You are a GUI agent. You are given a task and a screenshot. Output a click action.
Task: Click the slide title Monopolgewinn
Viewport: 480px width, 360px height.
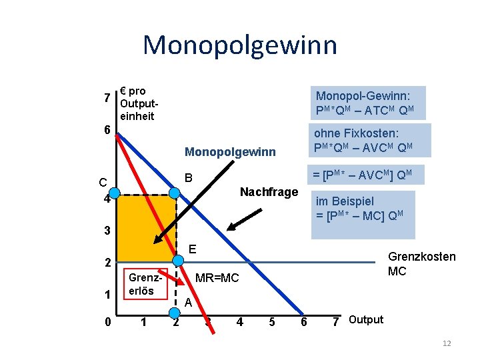(240, 45)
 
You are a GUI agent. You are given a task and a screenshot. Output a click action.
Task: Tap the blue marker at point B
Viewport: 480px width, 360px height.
(175, 193)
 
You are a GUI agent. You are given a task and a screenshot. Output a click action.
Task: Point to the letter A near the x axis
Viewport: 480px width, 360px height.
(189, 302)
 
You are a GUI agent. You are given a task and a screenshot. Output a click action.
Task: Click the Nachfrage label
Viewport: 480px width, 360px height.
(269, 192)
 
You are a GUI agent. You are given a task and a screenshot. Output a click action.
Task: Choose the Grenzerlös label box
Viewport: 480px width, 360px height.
(141, 285)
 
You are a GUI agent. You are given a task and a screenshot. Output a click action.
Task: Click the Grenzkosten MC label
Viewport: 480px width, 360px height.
(422, 264)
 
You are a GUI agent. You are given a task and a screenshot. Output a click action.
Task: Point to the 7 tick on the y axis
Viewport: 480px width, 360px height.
(107, 98)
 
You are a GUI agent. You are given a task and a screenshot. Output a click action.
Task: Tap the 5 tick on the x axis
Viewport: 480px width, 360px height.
(271, 323)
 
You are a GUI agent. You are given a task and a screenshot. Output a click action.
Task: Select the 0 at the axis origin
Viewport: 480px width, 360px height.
(108, 323)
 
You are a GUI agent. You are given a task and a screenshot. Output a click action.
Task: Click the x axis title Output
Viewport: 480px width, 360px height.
(366, 320)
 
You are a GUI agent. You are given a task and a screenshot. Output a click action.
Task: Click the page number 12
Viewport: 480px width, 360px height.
(447, 343)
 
